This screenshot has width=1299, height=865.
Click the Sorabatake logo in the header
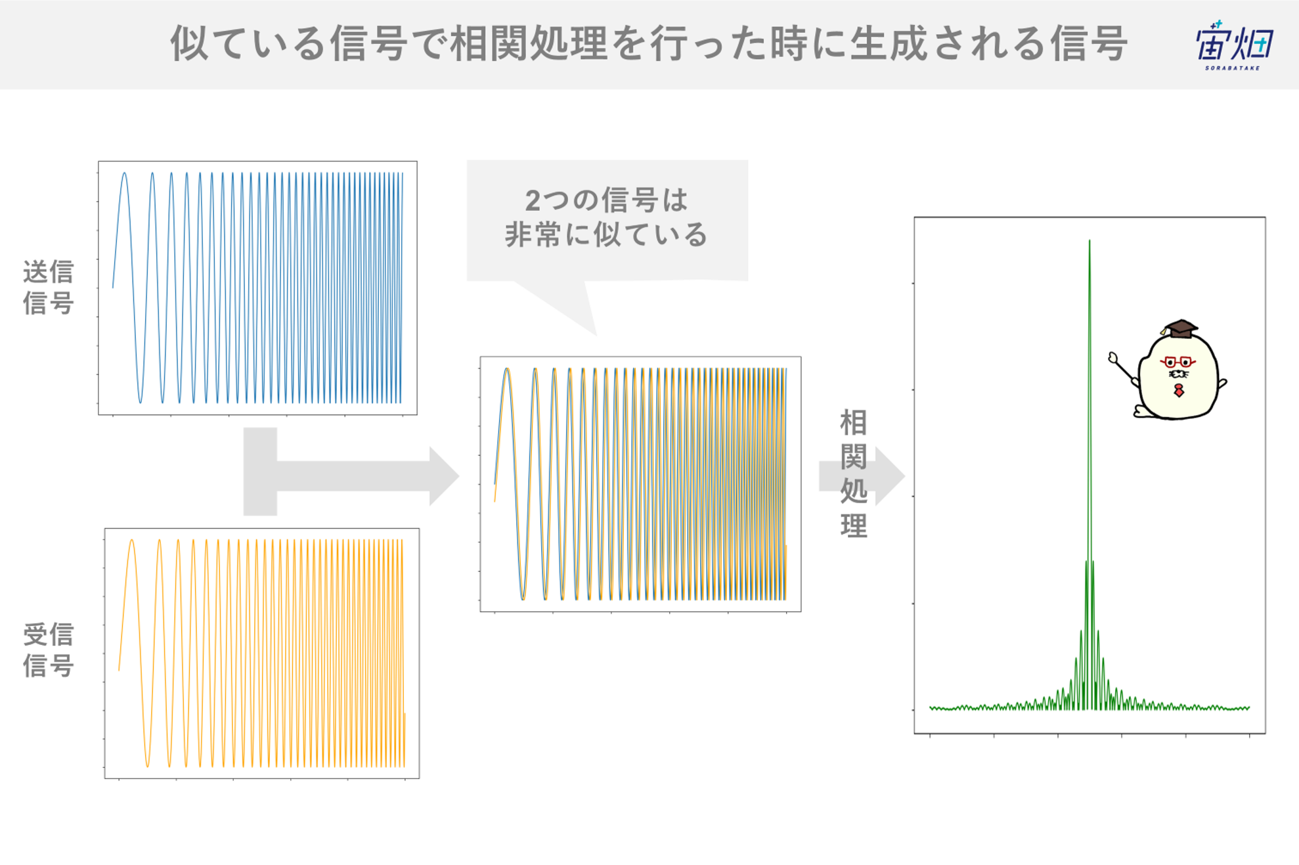pyautogui.click(x=1234, y=45)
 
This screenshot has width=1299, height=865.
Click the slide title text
pyautogui.click(x=649, y=44)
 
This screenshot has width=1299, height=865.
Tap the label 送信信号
pyautogui.click(x=48, y=287)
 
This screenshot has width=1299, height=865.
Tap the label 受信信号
pyautogui.click(x=48, y=650)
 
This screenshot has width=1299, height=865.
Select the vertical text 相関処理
pyautogui.click(x=854, y=474)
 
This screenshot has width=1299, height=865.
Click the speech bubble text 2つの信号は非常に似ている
pyautogui.click(x=606, y=217)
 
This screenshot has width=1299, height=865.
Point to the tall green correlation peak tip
pyautogui.click(x=1090, y=240)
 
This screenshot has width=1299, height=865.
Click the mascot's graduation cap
pyautogui.click(x=1180, y=328)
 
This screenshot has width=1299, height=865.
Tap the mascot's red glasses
pyautogui.click(x=1178, y=361)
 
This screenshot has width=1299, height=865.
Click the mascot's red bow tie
pyautogui.click(x=1179, y=391)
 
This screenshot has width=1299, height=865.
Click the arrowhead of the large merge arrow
pyautogui.click(x=444, y=476)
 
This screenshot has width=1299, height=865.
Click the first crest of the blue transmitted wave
pyautogui.click(x=124, y=173)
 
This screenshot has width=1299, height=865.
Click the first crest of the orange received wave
pyautogui.click(x=132, y=541)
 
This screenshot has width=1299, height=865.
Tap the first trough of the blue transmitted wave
pyautogui.click(x=140, y=402)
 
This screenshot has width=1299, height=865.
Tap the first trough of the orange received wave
pyautogui.click(x=148, y=766)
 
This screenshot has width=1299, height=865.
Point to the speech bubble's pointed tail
pyautogui.click(x=595, y=334)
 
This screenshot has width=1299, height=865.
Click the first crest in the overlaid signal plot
pyautogui.click(x=507, y=369)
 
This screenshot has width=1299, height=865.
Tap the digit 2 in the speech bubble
pyautogui.click(x=533, y=201)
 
